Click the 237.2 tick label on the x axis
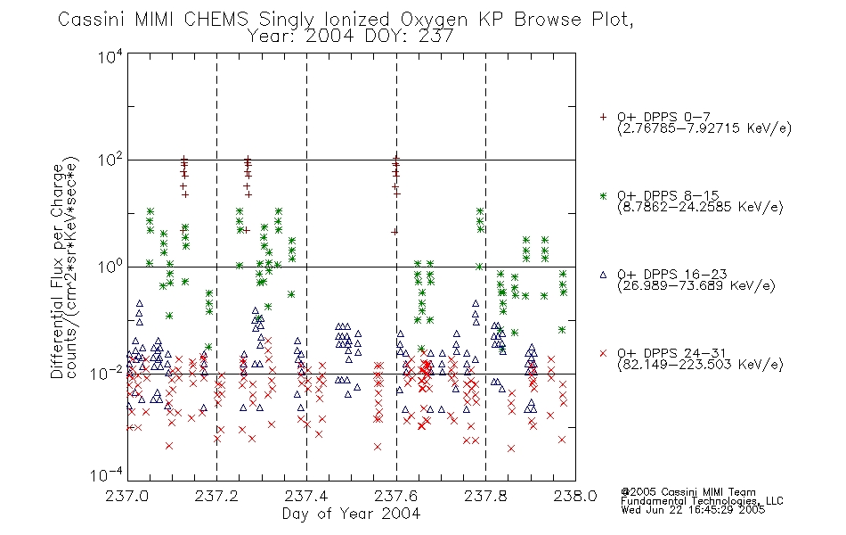tap(217, 496)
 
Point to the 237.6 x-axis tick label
tap(396, 496)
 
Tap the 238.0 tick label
tap(575, 496)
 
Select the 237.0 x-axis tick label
tap(127, 496)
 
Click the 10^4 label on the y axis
tap(110, 56)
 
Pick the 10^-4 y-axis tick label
tap(107, 474)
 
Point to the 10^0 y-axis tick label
tap(110, 266)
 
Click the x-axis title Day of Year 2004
tap(351, 514)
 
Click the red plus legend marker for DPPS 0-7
tap(603, 117)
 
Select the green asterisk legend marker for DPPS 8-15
tap(603, 196)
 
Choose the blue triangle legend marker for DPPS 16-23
tap(603, 275)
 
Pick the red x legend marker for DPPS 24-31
tap(603, 353)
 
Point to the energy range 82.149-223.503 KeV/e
tap(700, 365)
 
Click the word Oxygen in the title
tap(434, 20)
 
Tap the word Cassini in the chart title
tap(93, 20)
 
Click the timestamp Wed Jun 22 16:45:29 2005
tap(693, 509)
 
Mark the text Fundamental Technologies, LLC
tap(702, 501)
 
